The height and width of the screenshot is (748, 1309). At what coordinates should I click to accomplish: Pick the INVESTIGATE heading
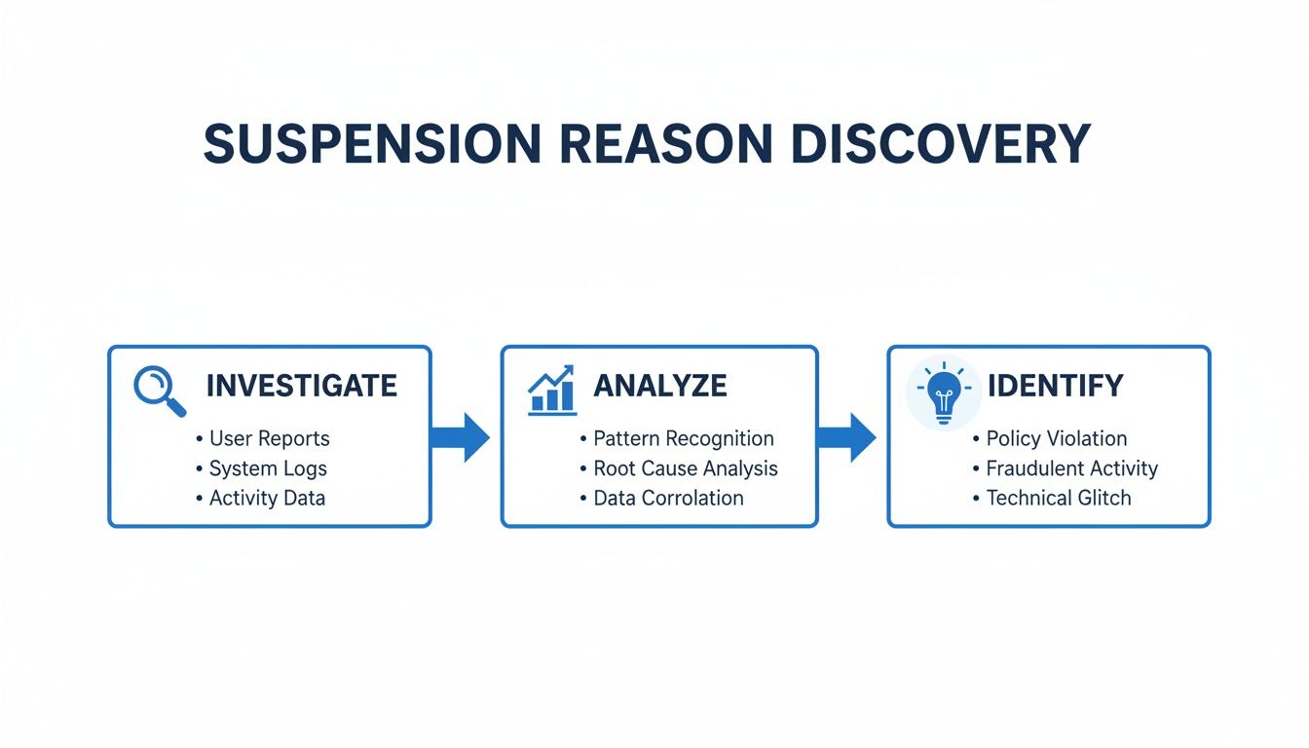pos(301,386)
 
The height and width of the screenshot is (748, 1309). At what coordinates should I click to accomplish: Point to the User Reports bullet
pos(269,438)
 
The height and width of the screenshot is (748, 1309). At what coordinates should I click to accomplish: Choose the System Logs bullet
pos(268,468)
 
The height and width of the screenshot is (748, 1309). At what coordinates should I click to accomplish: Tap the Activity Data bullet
pos(267,498)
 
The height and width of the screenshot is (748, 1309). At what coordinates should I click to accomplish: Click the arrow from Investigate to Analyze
pos(461,436)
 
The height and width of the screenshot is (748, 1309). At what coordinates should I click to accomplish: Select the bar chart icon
pos(551,391)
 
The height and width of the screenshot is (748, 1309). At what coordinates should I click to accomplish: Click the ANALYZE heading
pos(659,386)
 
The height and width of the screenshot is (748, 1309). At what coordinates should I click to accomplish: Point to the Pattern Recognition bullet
pos(683,438)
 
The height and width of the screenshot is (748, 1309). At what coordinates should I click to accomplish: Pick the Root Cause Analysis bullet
pos(686,468)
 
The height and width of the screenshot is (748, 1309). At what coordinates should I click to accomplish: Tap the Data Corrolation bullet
pos(668,498)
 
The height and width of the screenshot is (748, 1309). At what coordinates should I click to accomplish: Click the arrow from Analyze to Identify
pos(846,436)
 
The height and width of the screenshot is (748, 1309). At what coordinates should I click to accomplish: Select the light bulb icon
pos(942,393)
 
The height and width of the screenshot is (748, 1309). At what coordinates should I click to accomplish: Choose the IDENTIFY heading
pos(1055,386)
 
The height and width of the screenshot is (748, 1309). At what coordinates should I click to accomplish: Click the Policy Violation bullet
pos(1056,438)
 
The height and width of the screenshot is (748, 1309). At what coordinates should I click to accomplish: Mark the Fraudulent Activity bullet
pos(1071,468)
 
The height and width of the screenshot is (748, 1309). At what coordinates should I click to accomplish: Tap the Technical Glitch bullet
pos(1058,498)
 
